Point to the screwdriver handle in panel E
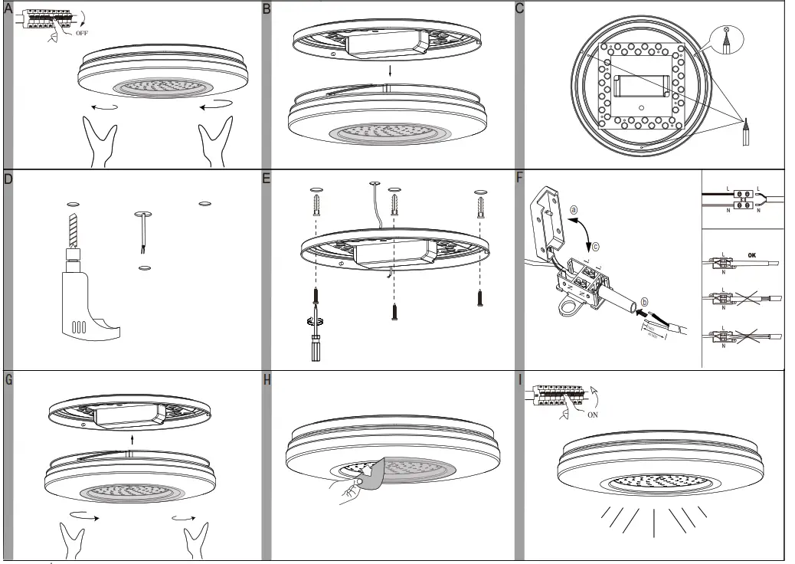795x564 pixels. (313, 344)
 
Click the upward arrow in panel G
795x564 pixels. (132, 439)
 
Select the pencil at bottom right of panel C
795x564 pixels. (747, 133)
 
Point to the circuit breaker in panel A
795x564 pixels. (41, 19)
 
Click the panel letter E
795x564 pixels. (267, 179)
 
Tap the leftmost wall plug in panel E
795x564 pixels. (316, 206)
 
